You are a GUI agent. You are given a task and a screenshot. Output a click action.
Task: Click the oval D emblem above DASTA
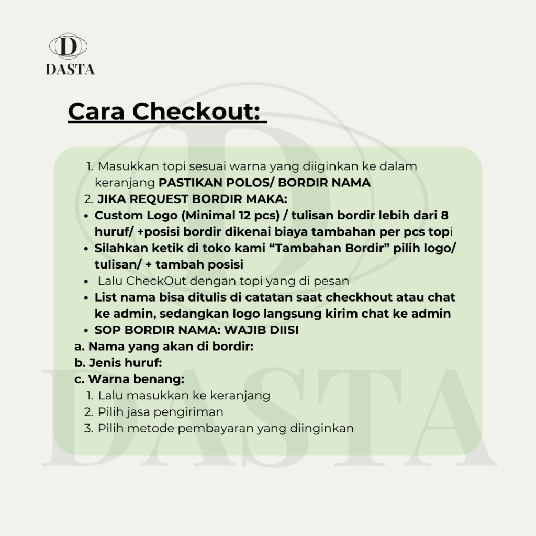68,47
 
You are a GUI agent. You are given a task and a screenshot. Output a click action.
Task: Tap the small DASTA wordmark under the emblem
70,70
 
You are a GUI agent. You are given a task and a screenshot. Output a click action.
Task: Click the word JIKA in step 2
110,199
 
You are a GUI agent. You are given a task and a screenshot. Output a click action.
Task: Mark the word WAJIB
245,330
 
